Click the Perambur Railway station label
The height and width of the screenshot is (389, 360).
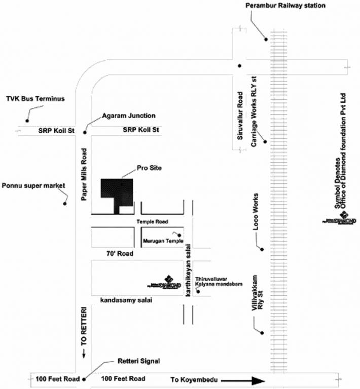(285, 6)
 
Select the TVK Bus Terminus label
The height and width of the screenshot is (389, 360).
(35, 98)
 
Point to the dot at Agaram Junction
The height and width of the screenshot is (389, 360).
(85, 133)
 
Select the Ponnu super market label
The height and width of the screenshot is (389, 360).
(34, 185)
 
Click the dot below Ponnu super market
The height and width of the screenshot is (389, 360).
(64, 204)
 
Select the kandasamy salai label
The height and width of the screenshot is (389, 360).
(127, 300)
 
